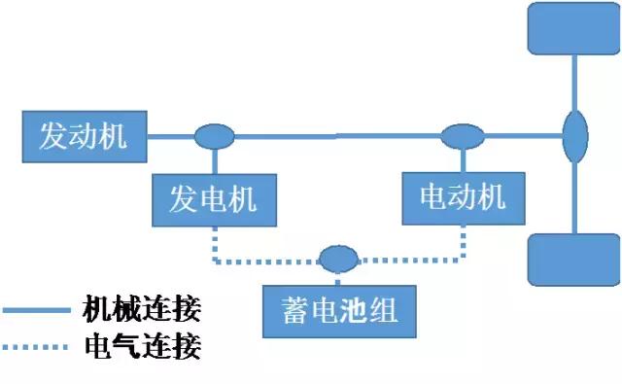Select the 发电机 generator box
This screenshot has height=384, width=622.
tap(214, 200)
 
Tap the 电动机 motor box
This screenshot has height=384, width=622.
tap(462, 198)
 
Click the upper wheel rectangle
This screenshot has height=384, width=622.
tap(571, 29)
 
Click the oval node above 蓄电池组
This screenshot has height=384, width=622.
tap(339, 259)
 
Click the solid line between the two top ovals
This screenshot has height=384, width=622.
tap(338, 137)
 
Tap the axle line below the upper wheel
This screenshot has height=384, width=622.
tap(575, 83)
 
